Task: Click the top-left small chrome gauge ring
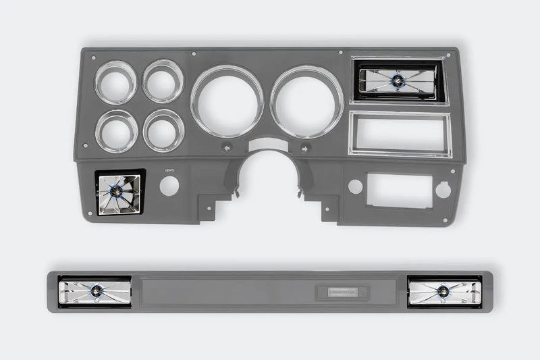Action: point(115,82)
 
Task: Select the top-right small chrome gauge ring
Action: point(163,81)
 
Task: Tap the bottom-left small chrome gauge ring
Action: point(115,131)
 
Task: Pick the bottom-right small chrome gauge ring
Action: point(163,130)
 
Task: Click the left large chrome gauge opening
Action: point(227,101)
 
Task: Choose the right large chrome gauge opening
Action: point(307,101)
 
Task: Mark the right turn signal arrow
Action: point(305,147)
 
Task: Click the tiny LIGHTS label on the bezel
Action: point(169,171)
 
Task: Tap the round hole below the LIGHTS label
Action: point(169,186)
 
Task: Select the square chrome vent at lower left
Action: point(119,192)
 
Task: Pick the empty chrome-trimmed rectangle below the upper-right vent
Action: point(398,133)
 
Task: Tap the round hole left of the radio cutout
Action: point(356,186)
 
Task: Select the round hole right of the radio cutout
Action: point(443,190)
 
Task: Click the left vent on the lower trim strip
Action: point(94,292)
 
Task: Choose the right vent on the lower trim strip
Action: point(443,291)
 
